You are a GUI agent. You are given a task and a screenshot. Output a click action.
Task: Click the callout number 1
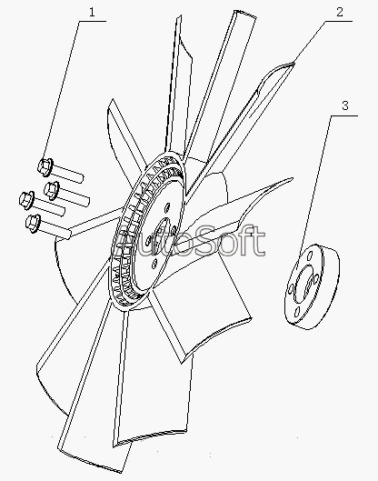92,12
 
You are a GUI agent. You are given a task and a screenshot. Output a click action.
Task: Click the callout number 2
340,12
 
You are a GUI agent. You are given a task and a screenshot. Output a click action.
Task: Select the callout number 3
345,105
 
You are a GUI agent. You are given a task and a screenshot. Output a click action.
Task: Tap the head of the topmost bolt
45,166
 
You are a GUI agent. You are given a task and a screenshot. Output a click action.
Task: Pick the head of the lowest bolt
33,223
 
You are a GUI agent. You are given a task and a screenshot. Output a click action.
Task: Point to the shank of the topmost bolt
67,174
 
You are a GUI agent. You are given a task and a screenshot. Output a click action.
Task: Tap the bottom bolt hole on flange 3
297,312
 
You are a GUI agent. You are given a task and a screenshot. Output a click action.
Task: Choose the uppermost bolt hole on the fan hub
167,207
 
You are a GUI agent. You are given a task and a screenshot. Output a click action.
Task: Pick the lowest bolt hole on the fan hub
154,264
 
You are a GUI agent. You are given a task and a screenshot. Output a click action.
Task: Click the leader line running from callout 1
62,91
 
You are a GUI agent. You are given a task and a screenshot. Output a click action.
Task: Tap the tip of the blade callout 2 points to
292,63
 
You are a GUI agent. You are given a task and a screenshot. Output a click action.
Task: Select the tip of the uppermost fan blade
244,13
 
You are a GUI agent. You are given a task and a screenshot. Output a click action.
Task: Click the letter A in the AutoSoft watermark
124,240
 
